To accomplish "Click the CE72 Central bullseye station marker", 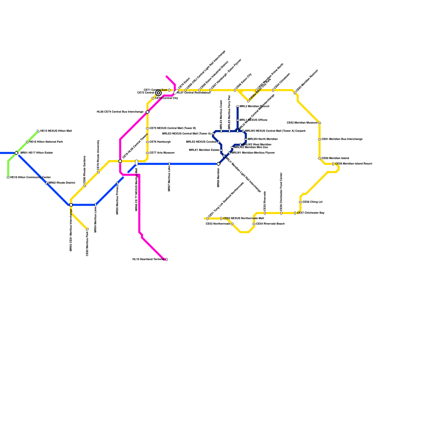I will pos(158,93).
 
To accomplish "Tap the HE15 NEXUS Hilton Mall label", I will pos(56,131).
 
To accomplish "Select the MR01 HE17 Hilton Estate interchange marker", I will pos(16,153).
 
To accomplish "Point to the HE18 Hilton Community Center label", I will pos(30,178).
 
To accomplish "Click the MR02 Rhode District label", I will pos(61,183).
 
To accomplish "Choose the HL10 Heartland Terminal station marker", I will pos(166,259).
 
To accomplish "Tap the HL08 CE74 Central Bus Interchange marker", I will pos(147,112).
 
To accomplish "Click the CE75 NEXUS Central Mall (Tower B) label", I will pos(173,128).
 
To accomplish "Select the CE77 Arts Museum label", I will pos(162,153).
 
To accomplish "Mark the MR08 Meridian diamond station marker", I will pos(218,164).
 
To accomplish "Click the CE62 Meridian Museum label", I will pos(302,123).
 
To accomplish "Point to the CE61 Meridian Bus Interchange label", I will pos(342,139).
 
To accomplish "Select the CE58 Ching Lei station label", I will pos(312,202).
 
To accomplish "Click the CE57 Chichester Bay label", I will pos(311,213).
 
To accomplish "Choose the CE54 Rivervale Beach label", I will pos(270,224).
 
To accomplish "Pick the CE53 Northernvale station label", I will pos(218,224).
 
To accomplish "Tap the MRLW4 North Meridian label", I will pos(262,139).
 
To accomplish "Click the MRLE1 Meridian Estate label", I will pos(204,150).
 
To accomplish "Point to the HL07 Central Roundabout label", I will pos(194,93).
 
